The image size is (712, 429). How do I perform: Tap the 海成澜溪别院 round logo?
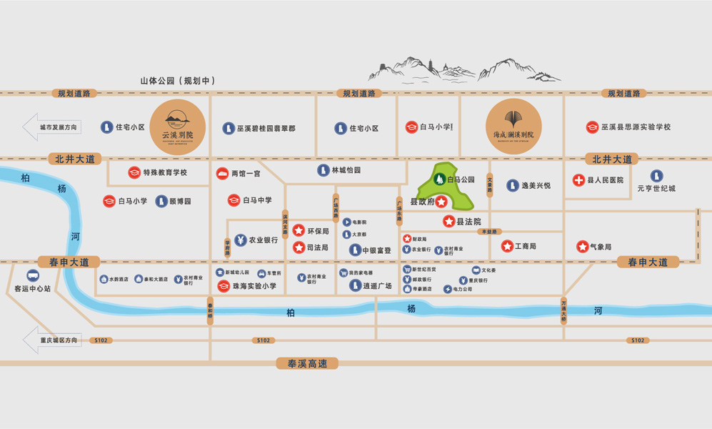513,127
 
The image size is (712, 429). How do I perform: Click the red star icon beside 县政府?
442,202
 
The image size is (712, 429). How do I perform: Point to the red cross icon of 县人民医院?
578,180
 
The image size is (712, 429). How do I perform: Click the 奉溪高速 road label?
307,363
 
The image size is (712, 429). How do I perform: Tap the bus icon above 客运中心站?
33,276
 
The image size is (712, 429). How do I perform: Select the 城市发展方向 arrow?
53,127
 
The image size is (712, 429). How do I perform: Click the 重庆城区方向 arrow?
53,340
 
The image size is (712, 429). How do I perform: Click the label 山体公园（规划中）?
178,81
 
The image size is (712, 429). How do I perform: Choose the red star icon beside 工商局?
507,247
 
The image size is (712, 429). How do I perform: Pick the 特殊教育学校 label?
165,172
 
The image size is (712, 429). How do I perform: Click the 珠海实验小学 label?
255,286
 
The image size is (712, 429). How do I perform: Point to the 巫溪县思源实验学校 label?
636,127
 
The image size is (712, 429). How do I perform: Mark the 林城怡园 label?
346,170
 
